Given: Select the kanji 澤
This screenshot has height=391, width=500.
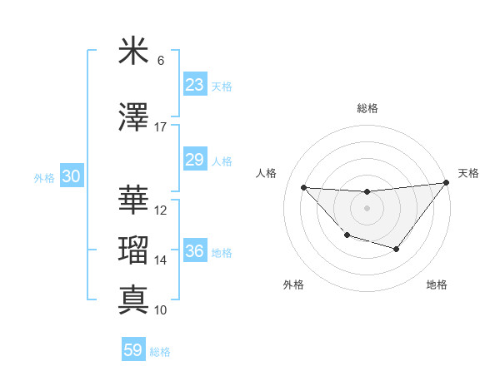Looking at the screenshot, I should [132, 117].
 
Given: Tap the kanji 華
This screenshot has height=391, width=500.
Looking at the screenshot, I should [132, 200].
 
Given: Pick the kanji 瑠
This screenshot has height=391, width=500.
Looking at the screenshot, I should [132, 250].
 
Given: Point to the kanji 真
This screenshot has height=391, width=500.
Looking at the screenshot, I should [132, 300].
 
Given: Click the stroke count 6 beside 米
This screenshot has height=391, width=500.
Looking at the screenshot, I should [160, 61].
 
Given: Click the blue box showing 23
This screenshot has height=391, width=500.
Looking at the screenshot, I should [194, 85].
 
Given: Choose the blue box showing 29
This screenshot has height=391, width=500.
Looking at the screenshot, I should [194, 160].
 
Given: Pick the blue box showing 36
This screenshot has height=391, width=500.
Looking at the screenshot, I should [194, 251].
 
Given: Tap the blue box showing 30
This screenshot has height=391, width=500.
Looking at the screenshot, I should [71, 176].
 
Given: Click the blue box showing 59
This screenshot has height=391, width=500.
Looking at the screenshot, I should [132, 350].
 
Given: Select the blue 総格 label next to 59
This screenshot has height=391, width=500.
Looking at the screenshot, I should [160, 352].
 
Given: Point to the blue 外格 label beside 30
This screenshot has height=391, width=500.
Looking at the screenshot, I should [44, 177].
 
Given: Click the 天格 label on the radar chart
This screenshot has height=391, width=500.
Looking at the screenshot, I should [468, 173].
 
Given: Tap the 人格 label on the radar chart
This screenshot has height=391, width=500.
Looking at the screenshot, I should [267, 173].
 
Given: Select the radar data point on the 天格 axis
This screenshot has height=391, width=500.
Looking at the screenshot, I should [446, 182].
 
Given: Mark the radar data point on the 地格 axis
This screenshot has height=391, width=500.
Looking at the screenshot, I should [397, 249].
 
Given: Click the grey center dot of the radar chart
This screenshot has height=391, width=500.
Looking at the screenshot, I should [367, 208].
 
